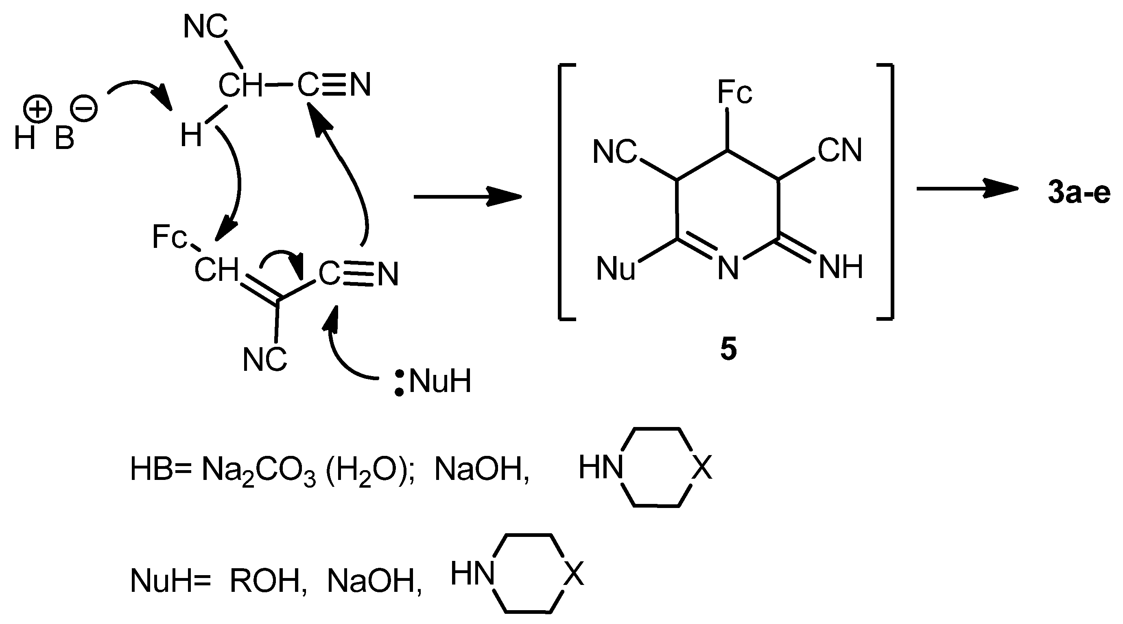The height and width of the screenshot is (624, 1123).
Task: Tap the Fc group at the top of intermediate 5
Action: point(734,92)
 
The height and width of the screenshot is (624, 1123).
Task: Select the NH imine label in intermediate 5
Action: point(841,267)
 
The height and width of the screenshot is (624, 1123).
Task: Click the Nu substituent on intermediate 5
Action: point(616,269)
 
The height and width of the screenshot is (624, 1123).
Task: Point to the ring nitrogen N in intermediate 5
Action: point(728,268)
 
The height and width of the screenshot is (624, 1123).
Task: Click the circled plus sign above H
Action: point(38,108)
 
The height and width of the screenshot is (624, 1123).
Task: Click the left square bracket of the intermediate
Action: point(562,192)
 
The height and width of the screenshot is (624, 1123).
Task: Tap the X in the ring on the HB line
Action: point(701,467)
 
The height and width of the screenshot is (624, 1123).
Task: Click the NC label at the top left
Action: point(205,27)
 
